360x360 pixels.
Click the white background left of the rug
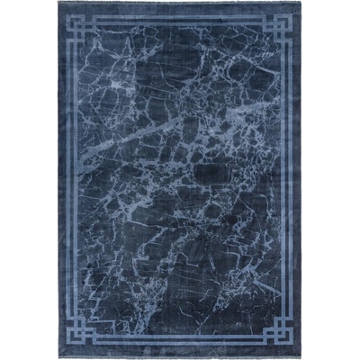tap(27, 180)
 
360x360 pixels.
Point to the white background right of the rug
tap(333, 180)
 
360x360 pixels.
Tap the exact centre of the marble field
tap(180, 180)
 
